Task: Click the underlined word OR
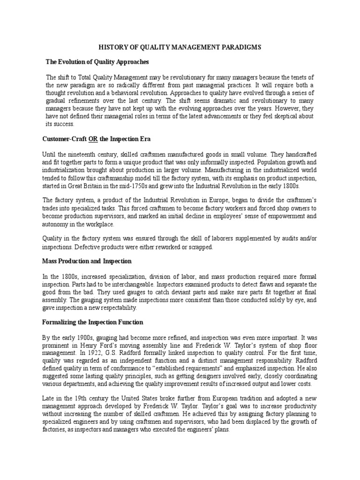(x=93, y=139)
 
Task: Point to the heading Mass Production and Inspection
(x=87, y=261)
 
